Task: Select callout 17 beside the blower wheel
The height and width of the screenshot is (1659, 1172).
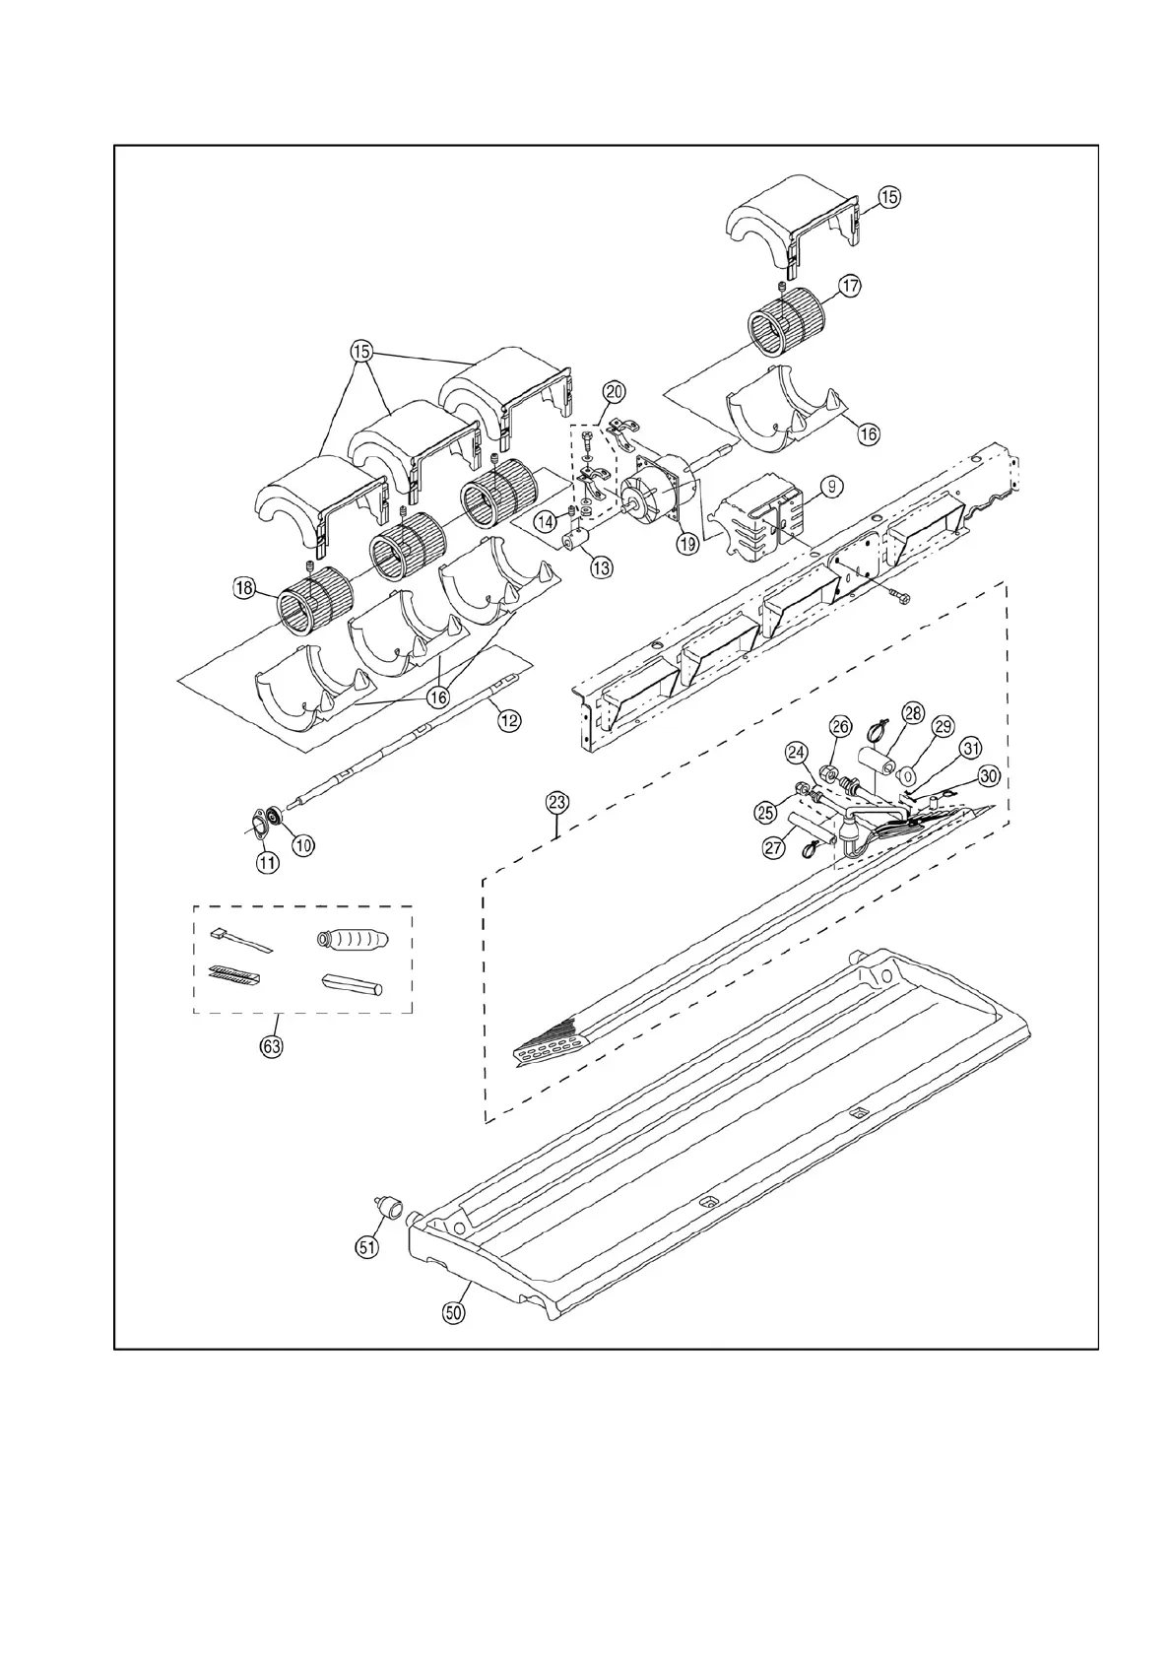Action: click(x=850, y=287)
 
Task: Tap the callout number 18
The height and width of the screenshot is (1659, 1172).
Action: click(x=244, y=588)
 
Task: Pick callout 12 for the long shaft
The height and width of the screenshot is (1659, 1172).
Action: click(x=508, y=721)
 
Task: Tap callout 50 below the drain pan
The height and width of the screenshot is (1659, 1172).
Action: click(x=454, y=1312)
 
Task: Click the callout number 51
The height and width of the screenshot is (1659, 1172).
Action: click(x=366, y=1246)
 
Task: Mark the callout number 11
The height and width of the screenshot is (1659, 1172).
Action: click(x=267, y=862)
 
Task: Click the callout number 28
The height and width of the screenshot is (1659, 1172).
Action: click(x=912, y=712)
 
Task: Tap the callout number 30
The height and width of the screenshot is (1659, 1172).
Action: click(x=989, y=776)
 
